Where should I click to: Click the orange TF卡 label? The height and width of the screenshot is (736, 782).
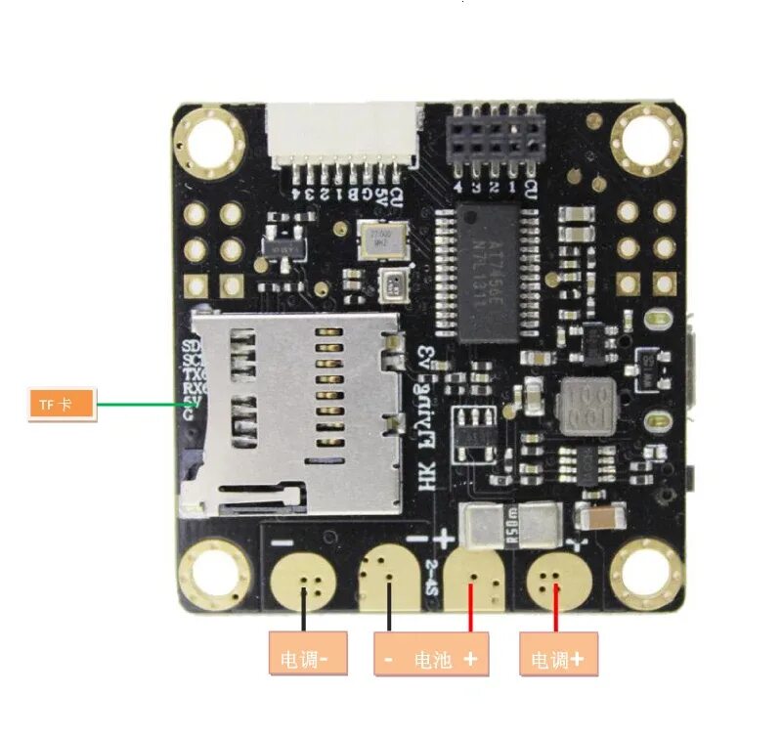click(x=61, y=404)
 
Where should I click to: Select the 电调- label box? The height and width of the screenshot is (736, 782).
click(x=308, y=659)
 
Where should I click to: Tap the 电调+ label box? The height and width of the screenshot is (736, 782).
click(x=557, y=659)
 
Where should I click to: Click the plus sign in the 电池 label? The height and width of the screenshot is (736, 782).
click(x=471, y=659)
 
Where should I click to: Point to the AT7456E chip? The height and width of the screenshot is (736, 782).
click(x=486, y=277)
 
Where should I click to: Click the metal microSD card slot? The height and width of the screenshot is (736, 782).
click(x=293, y=411)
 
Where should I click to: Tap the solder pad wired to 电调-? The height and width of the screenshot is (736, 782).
click(x=306, y=583)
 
